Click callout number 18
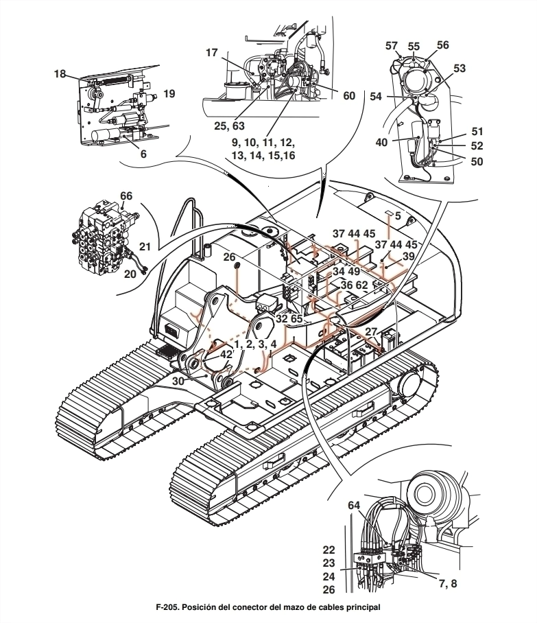pyautogui.click(x=60, y=74)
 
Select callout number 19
pyautogui.click(x=169, y=94)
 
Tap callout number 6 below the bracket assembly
pyautogui.click(x=143, y=154)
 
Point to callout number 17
pyautogui.click(x=212, y=52)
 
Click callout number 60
pyautogui.click(x=349, y=96)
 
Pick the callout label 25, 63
pyautogui.click(x=229, y=126)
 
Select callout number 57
pyautogui.click(x=392, y=46)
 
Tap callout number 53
pyautogui.click(x=460, y=69)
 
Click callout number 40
pyautogui.click(x=381, y=142)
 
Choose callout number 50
pyautogui.click(x=477, y=161)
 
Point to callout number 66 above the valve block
pyautogui.click(x=126, y=196)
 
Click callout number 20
pyautogui.click(x=130, y=274)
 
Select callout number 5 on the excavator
pyautogui.click(x=398, y=216)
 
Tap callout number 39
pyautogui.click(x=408, y=257)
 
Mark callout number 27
pyautogui.click(x=371, y=332)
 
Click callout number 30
pyautogui.click(x=179, y=381)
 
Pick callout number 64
pyautogui.click(x=354, y=506)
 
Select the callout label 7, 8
pyautogui.click(x=448, y=583)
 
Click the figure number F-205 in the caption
pyautogui.click(x=167, y=607)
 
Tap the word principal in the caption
pyautogui.click(x=363, y=608)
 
